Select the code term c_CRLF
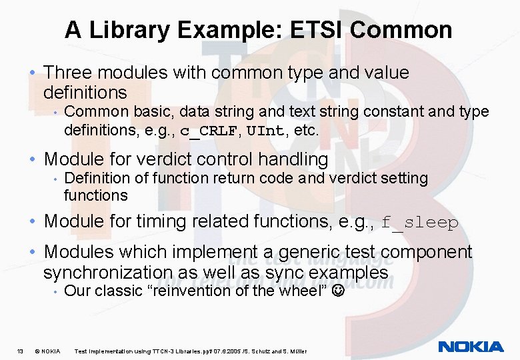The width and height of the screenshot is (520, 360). click(x=208, y=130)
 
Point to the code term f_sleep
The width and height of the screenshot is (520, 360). click(x=420, y=222)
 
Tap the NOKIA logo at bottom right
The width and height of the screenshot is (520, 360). click(x=471, y=347)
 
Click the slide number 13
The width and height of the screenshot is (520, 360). click(x=21, y=351)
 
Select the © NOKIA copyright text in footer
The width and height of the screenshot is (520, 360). click(x=47, y=351)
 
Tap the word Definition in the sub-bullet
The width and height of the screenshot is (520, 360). click(x=95, y=178)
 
